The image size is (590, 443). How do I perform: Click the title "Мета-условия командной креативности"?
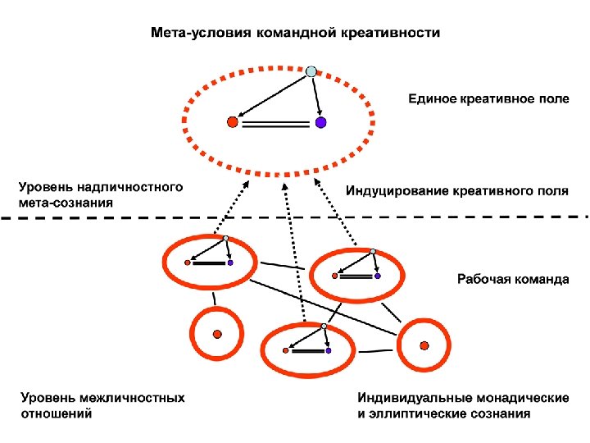295,33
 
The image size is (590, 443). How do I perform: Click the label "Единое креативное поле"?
488,98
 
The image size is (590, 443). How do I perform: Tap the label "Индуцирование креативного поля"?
456,192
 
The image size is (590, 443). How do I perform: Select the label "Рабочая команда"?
512,279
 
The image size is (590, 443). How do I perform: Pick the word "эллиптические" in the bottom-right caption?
419,413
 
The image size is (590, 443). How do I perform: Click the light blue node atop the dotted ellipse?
311,72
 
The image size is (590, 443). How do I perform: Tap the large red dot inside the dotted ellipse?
232,123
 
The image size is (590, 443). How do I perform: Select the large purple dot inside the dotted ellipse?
321,123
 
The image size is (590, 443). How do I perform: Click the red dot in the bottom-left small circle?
216,333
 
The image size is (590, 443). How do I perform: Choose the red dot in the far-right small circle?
424,345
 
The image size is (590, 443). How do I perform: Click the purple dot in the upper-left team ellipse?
230,263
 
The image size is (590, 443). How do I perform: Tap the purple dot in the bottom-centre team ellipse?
329,350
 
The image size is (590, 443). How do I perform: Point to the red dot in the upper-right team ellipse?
334,276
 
